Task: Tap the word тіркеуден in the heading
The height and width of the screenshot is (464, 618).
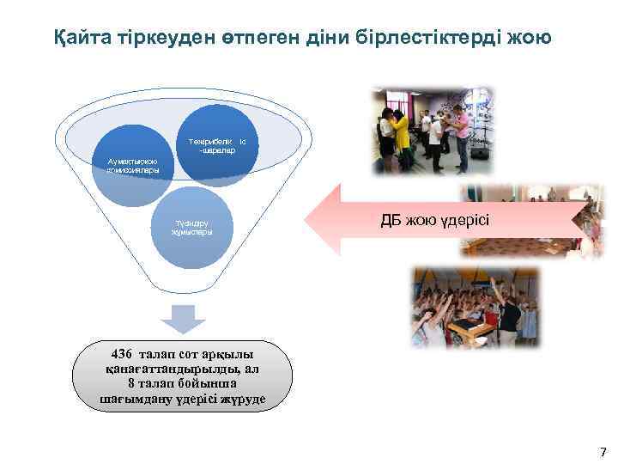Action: [163, 38]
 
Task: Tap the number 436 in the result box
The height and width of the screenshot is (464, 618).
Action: [127, 354]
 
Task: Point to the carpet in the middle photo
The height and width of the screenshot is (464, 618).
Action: [524, 245]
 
